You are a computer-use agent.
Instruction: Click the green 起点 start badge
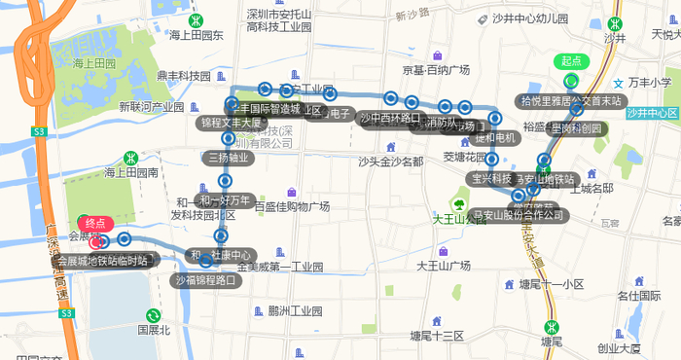[571, 61]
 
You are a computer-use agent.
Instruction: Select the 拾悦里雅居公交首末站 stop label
[570, 100]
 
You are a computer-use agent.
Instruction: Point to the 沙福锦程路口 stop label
[205, 281]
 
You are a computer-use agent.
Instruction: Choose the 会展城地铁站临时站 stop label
[101, 261]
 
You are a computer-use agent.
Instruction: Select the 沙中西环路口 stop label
[389, 119]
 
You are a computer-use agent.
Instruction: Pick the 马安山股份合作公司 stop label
[517, 214]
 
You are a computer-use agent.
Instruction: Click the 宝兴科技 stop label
[491, 178]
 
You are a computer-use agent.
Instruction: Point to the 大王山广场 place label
[449, 265]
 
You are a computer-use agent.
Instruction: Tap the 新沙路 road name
[412, 17]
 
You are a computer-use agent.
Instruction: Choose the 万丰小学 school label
[649, 83]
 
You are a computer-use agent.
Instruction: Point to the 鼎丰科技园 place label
[184, 76]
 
